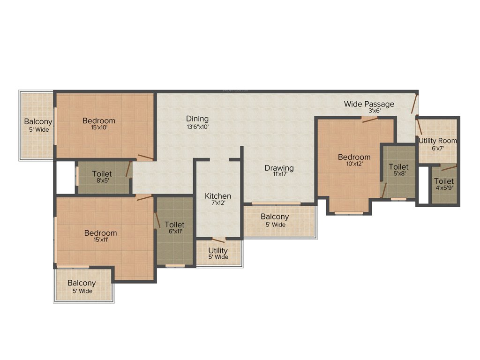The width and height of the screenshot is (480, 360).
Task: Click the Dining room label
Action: pyautogui.click(x=197, y=119)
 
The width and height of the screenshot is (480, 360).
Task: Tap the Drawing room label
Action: pyautogui.click(x=279, y=168)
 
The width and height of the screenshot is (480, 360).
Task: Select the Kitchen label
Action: pyautogui.click(x=218, y=196)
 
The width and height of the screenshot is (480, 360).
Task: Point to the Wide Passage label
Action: pyautogui.click(x=369, y=104)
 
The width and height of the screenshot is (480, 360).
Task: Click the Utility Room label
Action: pyautogui.click(x=437, y=141)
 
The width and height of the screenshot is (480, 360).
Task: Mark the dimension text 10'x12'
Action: pyautogui.click(x=354, y=164)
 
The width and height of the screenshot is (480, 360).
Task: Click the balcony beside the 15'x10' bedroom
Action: pyautogui.click(x=37, y=126)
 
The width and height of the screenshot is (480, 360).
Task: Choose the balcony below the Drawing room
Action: pyautogui.click(x=275, y=220)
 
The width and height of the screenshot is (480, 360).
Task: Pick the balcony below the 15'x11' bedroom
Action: pyautogui.click(x=82, y=286)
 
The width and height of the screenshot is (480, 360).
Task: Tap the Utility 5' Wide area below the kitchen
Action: pyautogui.click(x=218, y=253)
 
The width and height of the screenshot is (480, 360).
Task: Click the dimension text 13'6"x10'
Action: pyautogui.click(x=197, y=126)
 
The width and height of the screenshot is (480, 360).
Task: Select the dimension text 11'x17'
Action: pyautogui.click(x=279, y=175)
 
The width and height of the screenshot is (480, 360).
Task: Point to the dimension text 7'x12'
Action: pyautogui.click(x=218, y=203)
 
